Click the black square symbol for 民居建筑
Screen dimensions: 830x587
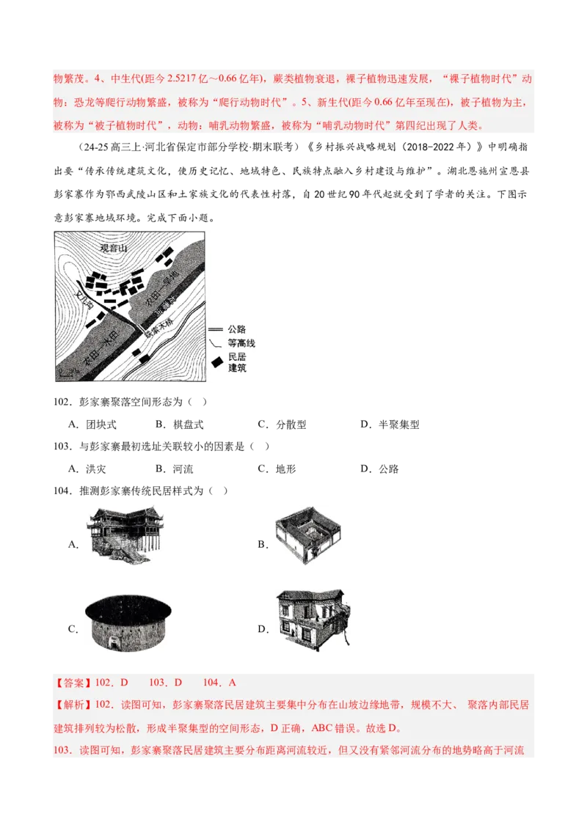click(x=218, y=361)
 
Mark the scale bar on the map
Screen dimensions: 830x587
click(x=65, y=374)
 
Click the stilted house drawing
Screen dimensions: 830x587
click(x=125, y=533)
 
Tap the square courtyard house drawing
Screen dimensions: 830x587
click(x=307, y=536)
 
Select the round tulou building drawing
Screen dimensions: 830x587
click(x=128, y=624)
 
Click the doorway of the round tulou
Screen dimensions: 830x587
click(x=130, y=647)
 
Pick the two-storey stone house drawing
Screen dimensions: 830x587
click(x=310, y=621)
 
